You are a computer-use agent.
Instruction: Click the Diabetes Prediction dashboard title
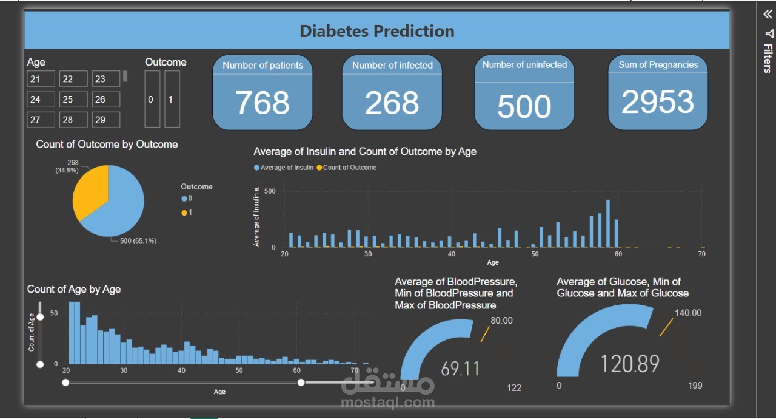pos(376,31)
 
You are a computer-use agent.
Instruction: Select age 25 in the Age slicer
pos(73,100)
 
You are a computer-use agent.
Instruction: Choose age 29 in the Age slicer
pos(106,120)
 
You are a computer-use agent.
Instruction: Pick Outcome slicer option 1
pos(172,100)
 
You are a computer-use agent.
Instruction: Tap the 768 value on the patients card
pos(263,103)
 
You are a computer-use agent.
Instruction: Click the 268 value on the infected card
pos(392,103)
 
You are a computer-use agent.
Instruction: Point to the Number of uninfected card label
pos(524,65)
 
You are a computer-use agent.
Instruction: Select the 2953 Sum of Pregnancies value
pos(658,102)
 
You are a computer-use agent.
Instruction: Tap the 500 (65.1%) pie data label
pos(138,241)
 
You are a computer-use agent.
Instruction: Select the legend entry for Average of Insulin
pos(287,168)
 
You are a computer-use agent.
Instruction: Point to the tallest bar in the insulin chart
pos(608,223)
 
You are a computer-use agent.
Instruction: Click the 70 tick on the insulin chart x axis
pos(701,254)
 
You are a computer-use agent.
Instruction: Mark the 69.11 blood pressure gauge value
pos(460,369)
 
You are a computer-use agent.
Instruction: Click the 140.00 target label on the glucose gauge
pos(688,313)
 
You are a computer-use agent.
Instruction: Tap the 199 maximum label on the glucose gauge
pos(695,386)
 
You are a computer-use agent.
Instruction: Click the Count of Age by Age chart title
pos(74,290)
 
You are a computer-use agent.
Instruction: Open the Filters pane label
pos(768,58)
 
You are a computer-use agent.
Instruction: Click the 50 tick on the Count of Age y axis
pos(54,313)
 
